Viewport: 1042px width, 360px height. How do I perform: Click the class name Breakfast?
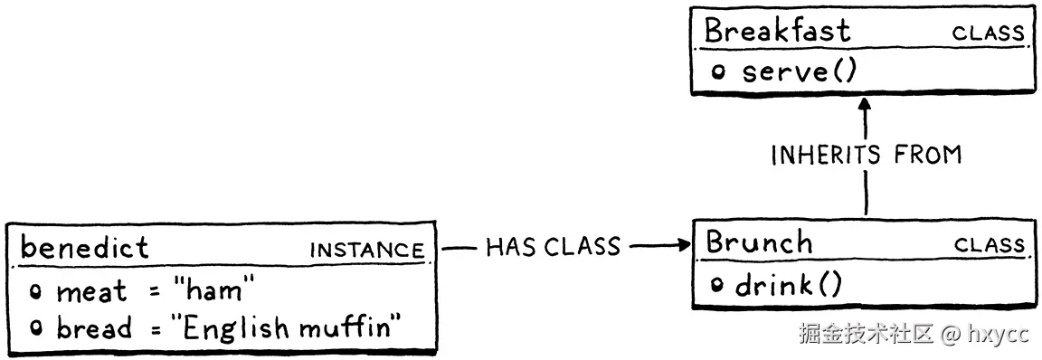(x=777, y=31)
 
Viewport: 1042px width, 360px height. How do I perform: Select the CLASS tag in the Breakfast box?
(x=988, y=34)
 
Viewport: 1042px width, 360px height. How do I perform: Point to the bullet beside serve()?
(x=718, y=72)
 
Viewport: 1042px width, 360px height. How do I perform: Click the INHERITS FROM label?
(x=866, y=156)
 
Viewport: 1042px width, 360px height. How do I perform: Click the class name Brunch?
(x=759, y=242)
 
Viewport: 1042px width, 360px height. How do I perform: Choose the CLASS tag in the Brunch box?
(x=990, y=246)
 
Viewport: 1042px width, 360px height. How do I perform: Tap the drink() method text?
(x=788, y=286)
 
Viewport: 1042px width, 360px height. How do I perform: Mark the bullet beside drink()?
(x=717, y=286)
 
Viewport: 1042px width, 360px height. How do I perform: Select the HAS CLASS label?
(x=553, y=246)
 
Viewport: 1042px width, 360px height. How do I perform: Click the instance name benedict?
(x=84, y=247)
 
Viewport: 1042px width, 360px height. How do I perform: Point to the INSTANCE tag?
(x=366, y=251)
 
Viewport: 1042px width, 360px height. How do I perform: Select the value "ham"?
(x=214, y=290)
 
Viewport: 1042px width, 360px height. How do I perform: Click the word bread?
(x=94, y=327)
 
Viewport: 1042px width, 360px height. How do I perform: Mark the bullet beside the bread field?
(x=36, y=328)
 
